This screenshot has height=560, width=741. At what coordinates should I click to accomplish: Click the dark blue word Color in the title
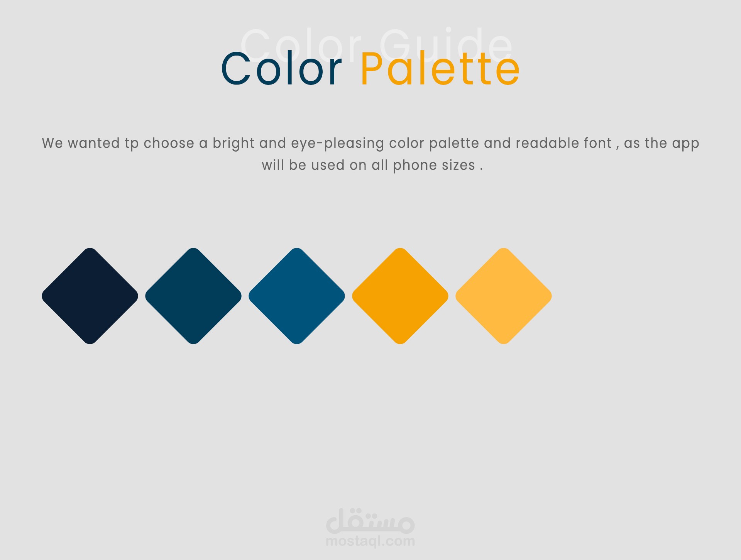point(281,69)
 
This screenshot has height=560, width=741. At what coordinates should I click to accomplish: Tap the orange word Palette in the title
point(440,69)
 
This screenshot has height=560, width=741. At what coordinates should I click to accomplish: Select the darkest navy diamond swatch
point(90,296)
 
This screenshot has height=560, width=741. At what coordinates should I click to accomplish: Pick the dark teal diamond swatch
point(193,296)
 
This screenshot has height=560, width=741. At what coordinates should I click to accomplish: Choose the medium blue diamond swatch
point(297,296)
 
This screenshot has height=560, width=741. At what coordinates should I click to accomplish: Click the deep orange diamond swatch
point(400,296)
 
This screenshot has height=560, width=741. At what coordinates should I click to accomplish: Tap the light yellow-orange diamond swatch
point(504,296)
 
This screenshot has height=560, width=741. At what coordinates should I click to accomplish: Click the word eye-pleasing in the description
point(337,144)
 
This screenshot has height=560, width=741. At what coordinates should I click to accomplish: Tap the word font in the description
point(598,143)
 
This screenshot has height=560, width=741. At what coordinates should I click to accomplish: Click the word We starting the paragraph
point(52,143)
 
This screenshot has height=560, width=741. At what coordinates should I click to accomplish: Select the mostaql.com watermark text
point(370,541)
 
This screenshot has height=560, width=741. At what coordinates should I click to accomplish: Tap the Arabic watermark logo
point(370,521)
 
